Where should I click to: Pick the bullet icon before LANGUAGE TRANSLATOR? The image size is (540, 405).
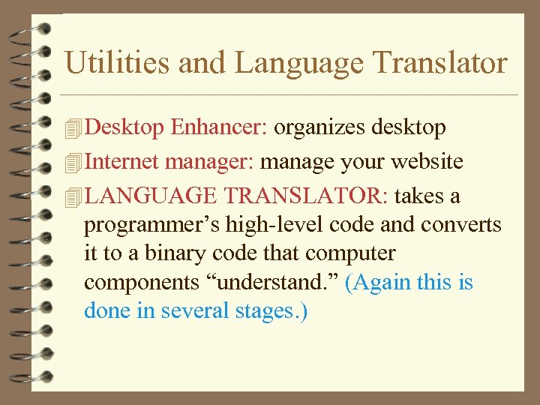[x=73, y=197]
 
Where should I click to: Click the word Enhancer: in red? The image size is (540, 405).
[x=219, y=127]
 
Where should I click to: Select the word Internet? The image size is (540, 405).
[x=122, y=161]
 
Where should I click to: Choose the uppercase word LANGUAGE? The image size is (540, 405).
[x=151, y=196]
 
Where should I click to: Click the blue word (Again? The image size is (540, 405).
[x=385, y=283]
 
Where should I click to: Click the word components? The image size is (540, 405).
[x=140, y=283]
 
